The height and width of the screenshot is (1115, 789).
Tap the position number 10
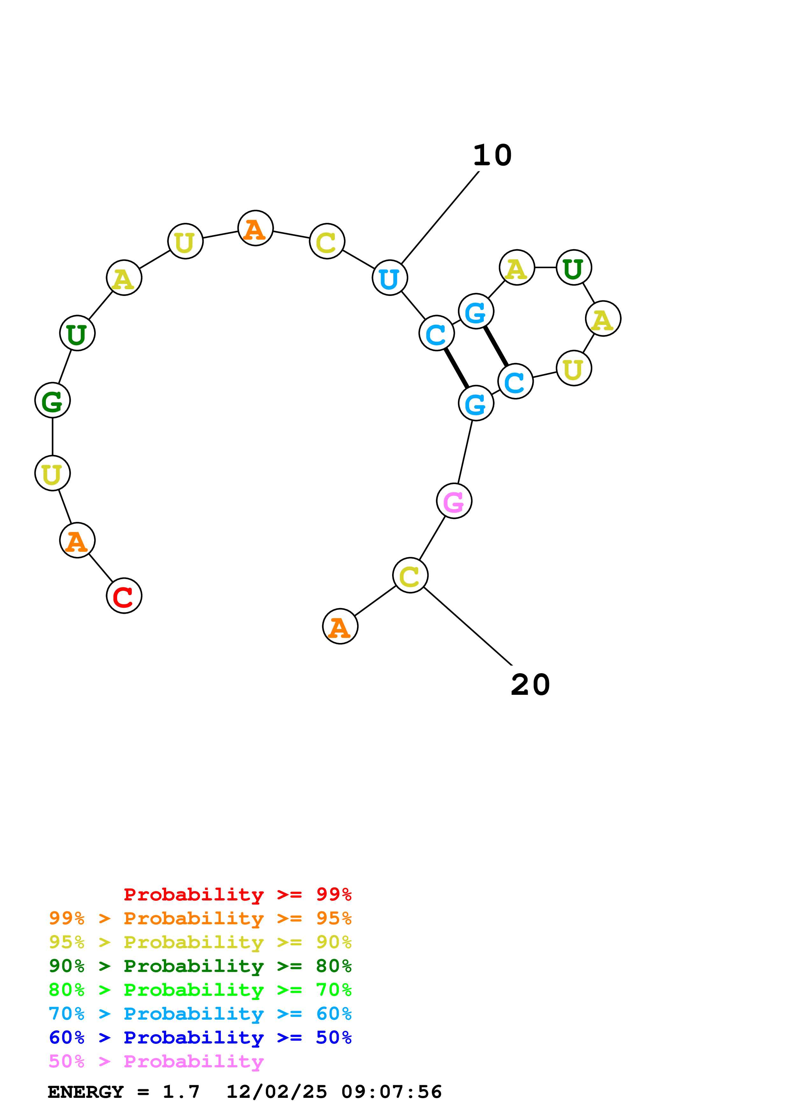coord(492,155)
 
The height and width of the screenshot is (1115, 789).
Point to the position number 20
coord(530,685)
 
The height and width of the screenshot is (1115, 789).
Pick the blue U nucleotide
coord(389,278)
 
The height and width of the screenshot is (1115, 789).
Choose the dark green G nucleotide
coord(53,400)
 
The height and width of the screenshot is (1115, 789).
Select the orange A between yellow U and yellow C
coord(255,228)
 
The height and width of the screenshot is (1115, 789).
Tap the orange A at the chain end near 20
coord(340,626)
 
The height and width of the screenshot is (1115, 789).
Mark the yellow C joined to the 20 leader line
coord(410,576)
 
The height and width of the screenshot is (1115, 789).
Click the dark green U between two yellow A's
coord(574,268)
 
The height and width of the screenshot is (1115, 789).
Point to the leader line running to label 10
coord(440,217)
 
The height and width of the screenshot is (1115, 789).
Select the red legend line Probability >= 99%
coord(237,894)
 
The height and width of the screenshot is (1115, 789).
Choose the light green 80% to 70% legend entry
coord(200,990)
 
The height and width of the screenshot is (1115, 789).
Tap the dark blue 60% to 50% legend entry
coord(200,1037)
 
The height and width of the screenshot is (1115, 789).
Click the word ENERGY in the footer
coord(86,1092)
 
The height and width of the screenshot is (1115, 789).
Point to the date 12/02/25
coord(277,1092)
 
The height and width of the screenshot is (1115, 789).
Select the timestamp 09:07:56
coord(391,1092)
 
